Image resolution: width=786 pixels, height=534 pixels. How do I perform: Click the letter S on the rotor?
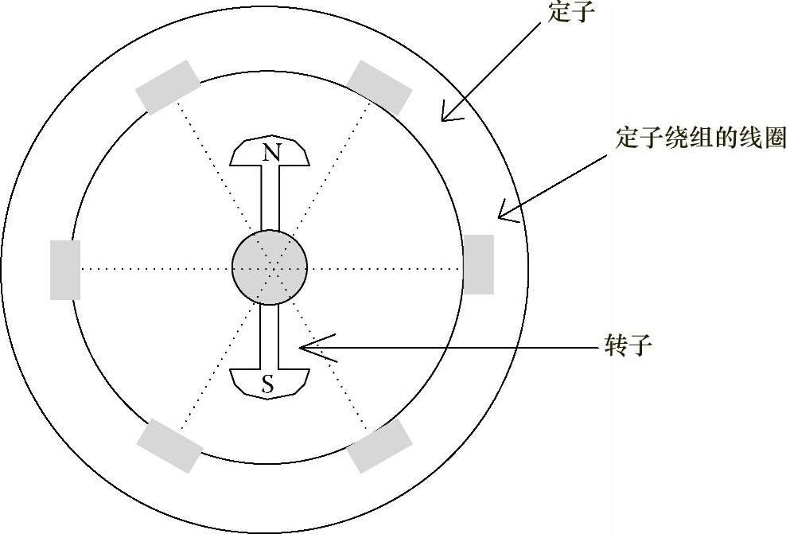coord(268,386)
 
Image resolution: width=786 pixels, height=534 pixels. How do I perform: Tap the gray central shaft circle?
coord(270,268)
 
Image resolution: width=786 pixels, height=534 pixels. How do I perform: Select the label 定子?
coord(572,13)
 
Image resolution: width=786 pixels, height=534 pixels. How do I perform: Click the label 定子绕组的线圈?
coord(701,138)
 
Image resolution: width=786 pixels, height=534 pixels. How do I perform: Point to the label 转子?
coord(628,347)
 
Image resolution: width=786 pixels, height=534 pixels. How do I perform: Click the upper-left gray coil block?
coord(168,87)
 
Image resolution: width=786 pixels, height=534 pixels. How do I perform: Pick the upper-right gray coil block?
coord(379,86)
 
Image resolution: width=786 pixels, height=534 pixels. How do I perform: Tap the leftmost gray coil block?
coord(65,270)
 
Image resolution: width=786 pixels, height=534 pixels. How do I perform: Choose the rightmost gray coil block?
coord(478,264)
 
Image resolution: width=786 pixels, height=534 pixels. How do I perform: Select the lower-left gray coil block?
coord(169,446)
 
